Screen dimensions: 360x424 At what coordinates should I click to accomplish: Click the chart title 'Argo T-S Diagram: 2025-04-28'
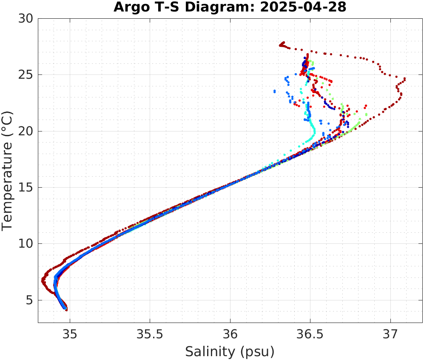[x=230, y=7]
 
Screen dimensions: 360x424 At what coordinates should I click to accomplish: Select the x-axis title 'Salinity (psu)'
[x=230, y=352]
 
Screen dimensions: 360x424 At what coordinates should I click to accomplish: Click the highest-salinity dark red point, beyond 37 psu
[x=405, y=79]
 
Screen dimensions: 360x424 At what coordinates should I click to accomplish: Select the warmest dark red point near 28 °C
[x=283, y=43]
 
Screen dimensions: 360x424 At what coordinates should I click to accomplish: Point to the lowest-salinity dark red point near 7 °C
[x=43, y=280]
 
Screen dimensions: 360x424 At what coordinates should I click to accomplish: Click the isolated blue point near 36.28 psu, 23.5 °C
[x=275, y=91]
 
